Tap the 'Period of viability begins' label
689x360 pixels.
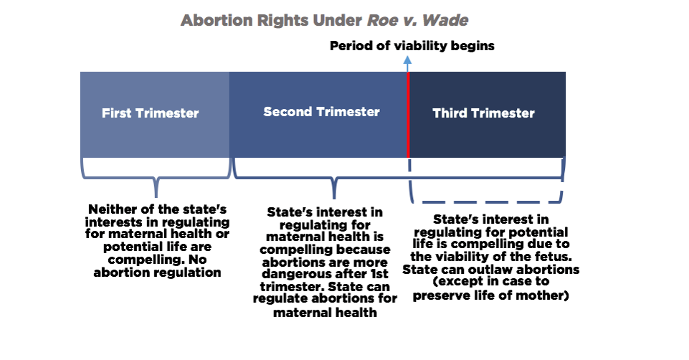[412, 46]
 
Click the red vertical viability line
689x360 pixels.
[408, 115]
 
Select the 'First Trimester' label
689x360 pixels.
[150, 113]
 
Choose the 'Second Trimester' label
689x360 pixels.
[321, 112]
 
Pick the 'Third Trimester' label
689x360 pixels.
[483, 113]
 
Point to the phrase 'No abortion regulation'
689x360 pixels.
[156, 267]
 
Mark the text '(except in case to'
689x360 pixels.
[490, 282]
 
